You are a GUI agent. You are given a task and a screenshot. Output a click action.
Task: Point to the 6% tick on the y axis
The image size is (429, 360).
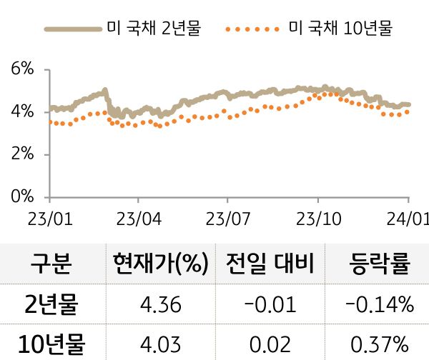[x=23, y=69]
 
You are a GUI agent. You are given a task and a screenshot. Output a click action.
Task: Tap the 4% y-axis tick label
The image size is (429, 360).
[x=23, y=112]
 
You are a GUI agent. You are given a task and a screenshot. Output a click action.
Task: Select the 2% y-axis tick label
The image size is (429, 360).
[x=23, y=154]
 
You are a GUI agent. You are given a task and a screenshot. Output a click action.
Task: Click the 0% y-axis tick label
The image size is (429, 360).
[x=23, y=196]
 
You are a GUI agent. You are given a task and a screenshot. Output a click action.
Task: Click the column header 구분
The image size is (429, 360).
[x=51, y=264]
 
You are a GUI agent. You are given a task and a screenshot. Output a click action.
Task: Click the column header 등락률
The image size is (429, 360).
[x=379, y=264]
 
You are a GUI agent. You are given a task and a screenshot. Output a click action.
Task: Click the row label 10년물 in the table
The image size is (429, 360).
[x=51, y=344]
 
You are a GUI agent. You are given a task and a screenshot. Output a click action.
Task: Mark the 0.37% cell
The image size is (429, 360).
[x=379, y=344]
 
